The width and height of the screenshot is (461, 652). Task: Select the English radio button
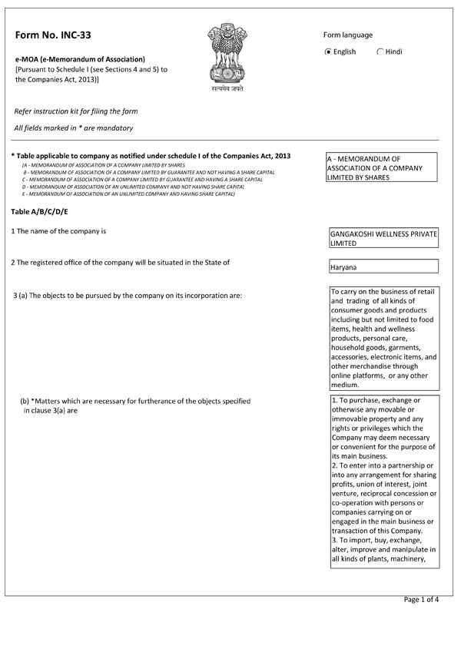point(329,52)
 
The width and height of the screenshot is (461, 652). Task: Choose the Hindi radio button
point(381,52)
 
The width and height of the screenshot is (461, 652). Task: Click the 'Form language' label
point(348,35)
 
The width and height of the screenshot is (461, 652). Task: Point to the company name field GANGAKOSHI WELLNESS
point(383,238)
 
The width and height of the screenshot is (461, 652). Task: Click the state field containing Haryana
point(383,266)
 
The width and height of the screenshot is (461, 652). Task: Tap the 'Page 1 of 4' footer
point(421,599)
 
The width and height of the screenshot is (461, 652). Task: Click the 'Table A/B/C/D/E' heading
point(40,211)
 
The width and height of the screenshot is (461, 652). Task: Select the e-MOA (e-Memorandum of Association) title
point(80,59)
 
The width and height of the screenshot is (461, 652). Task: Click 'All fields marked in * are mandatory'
point(74,127)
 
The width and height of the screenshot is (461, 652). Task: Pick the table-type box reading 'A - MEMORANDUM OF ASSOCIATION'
point(382,167)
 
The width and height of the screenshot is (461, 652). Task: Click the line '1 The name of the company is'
point(58,231)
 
